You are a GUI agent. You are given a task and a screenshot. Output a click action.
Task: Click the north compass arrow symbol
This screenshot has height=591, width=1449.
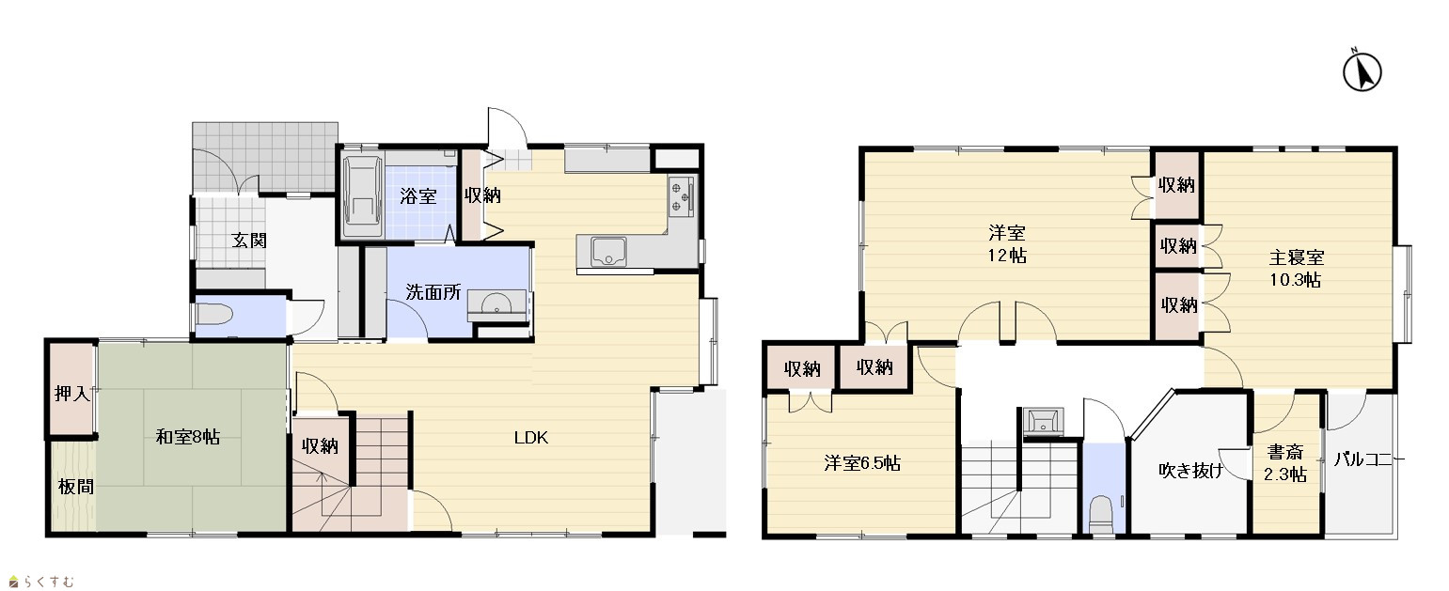[1362, 71]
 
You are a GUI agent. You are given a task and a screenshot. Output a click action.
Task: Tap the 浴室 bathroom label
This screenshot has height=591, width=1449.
[417, 196]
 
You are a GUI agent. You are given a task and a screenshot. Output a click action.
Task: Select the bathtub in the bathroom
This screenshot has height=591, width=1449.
[362, 197]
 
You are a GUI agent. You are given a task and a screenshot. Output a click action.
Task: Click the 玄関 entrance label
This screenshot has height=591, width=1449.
[249, 241]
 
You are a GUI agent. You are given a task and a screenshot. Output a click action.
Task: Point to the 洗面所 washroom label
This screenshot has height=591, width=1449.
[433, 292]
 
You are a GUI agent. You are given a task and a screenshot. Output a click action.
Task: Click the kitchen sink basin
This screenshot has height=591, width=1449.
[608, 252]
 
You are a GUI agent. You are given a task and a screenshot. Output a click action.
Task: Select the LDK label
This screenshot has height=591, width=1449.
[531, 438]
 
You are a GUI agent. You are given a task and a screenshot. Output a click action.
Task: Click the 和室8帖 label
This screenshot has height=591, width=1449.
[188, 437]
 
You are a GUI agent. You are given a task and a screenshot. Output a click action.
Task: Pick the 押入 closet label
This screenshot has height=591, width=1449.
[71, 393]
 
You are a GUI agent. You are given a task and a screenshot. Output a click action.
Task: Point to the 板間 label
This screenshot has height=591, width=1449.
[76, 487]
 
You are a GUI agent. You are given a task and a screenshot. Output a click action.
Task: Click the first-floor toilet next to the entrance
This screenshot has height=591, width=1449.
[214, 317]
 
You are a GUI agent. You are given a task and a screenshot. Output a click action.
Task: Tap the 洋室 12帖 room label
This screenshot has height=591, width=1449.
[1007, 243]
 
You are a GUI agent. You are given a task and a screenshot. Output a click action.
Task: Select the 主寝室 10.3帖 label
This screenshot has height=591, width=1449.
[1296, 269]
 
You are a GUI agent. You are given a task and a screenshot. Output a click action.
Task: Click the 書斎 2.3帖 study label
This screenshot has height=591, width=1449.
[1285, 463]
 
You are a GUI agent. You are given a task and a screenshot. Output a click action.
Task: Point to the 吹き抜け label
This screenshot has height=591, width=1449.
[1191, 470]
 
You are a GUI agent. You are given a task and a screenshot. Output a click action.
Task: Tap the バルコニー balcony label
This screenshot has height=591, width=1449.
[1369, 459]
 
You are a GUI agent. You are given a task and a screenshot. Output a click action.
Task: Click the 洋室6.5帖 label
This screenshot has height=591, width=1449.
[862, 463]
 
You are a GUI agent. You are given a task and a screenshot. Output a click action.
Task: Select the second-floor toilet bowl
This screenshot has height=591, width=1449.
[1101, 514]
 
